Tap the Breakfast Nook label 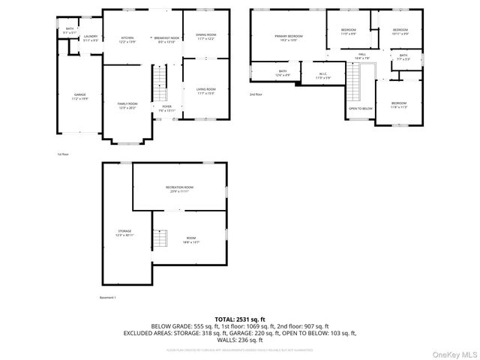tap(166, 40)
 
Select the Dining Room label tap(205, 36)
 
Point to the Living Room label tap(205, 91)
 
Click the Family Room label tap(127, 106)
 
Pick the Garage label tap(79, 97)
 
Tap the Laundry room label tap(91, 38)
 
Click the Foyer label tap(166, 108)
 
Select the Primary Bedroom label tap(289, 38)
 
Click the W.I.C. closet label tap(322, 75)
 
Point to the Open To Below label tap(360, 109)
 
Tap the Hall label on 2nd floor tap(361, 56)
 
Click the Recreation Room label tap(179, 188)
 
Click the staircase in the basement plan tap(160, 240)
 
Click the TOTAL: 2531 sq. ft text tap(239, 319)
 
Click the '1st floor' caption tap(63, 154)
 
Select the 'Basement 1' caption tap(108, 298)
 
